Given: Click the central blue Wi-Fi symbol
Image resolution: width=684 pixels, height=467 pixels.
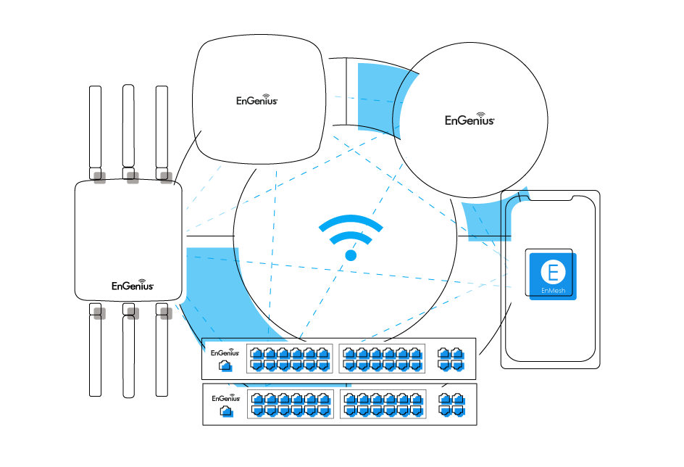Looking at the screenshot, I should coord(351,236).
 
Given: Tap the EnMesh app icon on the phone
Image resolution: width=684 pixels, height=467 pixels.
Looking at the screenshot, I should coord(553,276).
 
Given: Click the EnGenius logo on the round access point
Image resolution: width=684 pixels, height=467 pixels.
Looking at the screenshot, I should coord(470,120).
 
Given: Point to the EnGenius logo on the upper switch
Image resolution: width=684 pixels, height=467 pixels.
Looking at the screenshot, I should coord(225,352).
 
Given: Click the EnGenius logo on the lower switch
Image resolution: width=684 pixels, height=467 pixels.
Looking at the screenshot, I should coord(225,398).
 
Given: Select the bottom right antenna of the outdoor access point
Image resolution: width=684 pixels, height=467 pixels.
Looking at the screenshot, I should coord(166,355).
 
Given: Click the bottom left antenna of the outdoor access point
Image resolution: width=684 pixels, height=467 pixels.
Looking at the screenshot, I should coord(99,355).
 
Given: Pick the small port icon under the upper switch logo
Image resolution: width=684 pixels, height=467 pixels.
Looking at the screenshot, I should coord(225,366).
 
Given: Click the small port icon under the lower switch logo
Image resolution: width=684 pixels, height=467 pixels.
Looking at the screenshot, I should coord(225,412).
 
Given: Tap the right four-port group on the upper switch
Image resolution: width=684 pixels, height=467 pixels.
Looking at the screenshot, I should coord(450,359).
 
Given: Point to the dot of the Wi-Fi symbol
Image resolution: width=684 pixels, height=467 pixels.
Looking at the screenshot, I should coord(351,255).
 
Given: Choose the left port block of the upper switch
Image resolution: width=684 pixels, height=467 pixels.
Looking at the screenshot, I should coord(289,359).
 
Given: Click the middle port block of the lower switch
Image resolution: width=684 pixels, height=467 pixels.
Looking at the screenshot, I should coord(383,404).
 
